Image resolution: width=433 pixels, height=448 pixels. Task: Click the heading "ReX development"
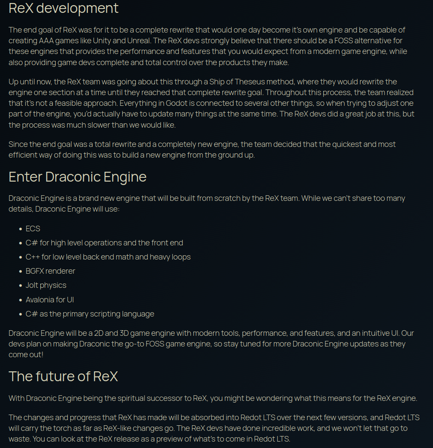(x=63, y=8)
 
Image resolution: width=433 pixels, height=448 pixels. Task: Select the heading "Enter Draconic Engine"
(x=78, y=177)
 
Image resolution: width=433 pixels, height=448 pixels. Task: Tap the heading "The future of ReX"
(x=63, y=376)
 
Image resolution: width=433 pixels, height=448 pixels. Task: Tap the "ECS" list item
(x=33, y=229)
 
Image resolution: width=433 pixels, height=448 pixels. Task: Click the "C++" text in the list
(x=32, y=257)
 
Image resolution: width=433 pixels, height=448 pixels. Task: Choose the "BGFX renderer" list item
(x=50, y=271)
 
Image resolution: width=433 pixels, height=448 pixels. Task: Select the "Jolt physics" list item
(x=46, y=285)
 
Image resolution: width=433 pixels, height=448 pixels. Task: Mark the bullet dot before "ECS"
(x=21, y=229)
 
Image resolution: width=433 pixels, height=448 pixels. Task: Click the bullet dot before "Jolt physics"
(x=21, y=286)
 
